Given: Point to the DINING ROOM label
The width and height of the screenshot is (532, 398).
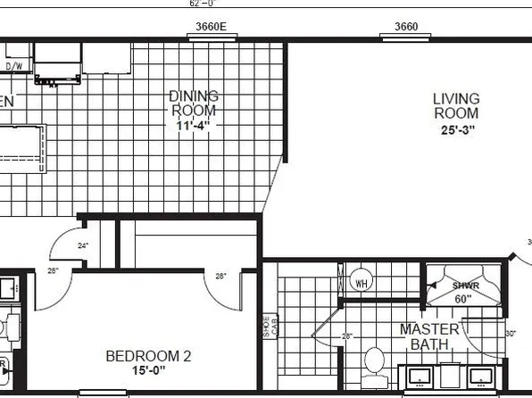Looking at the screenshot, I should pos(194,104).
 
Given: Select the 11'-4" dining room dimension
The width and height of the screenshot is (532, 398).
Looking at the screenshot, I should pos(195,125).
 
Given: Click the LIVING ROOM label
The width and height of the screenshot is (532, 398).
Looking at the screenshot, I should pos(456,105).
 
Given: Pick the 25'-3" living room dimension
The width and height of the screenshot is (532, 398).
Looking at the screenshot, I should pos(456,129).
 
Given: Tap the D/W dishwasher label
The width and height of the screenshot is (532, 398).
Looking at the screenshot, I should pos(14,66).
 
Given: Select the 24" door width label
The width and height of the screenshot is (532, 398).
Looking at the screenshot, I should pos(82,245).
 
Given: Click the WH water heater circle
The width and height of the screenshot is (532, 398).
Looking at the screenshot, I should pos(362,284).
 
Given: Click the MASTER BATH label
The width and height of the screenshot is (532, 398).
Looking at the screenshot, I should pos(429,337).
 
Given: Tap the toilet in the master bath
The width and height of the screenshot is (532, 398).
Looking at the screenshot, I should pos(374,363).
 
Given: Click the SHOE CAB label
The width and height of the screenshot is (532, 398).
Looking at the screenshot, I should pos(269,327).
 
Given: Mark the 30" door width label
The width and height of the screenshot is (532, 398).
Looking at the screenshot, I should pos(510,335).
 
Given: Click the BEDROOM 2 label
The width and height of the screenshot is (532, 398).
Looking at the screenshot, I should pos(148,357).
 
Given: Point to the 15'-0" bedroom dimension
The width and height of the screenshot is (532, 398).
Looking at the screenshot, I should pos(148,372).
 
